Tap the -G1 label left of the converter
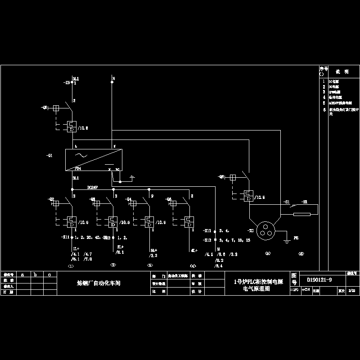pos(49,156)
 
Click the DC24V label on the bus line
pos(93,187)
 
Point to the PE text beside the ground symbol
pos(296,237)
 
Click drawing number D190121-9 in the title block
pos(319,279)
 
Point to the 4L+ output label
pos(194,250)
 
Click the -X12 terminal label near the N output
pos(208,240)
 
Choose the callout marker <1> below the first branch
pos(70,266)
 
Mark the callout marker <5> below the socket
pos(268,253)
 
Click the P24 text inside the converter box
pos(77,169)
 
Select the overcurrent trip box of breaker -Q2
pos(71,222)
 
